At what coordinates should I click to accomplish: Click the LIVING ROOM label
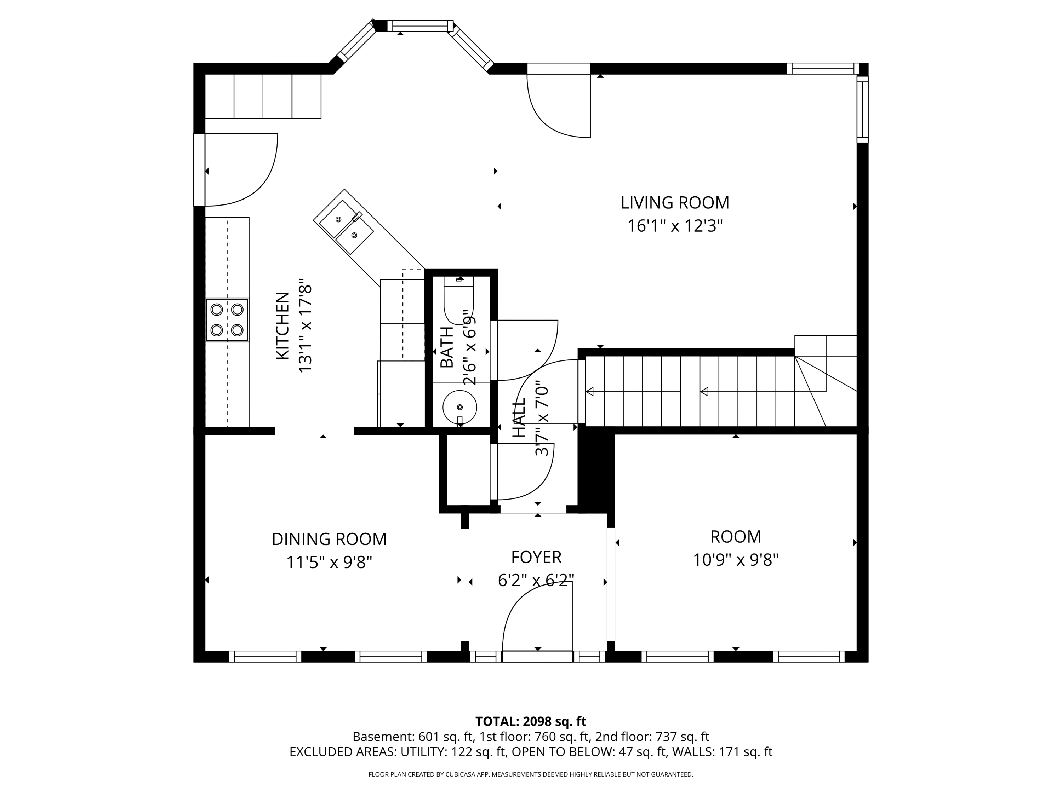pos(675,203)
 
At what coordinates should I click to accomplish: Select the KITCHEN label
pos(283,326)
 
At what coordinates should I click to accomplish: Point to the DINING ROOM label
pos(329,539)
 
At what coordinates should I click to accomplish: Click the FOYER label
pos(536,557)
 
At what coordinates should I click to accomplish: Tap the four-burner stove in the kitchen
pos(227,320)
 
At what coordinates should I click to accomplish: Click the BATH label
pos(446,347)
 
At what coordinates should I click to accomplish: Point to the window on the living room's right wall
pos(863,109)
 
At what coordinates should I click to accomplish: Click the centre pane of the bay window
pos(420,26)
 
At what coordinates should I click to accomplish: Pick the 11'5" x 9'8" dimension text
pos(329,562)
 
